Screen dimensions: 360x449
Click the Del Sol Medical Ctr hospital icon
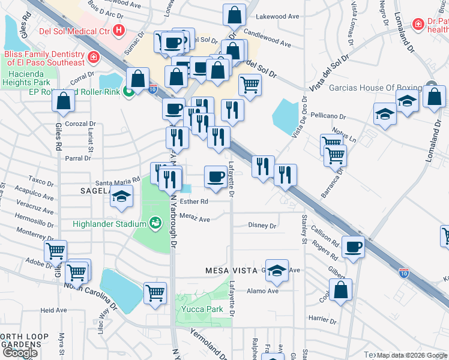coord(119,29)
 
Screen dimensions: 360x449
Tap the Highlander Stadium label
coord(109,224)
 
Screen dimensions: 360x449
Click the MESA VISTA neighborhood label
coord(227,271)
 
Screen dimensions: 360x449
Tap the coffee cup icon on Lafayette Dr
coord(216,176)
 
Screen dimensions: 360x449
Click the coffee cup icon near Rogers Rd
coord(353,246)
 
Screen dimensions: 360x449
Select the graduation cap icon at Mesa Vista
coord(277,271)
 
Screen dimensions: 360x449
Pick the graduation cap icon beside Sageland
coord(122,197)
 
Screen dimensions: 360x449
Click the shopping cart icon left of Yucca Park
coord(155,293)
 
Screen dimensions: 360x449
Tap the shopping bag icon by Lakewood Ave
coord(234,16)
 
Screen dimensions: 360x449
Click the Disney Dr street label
coord(262,226)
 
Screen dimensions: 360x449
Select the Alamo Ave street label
coord(264,291)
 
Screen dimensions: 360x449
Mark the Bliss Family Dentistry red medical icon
coord(93,58)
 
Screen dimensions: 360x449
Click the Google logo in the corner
coord(20,352)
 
